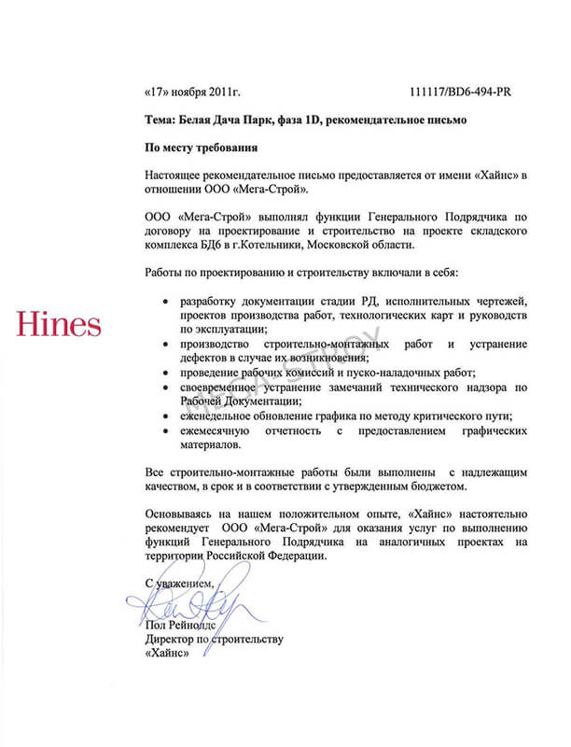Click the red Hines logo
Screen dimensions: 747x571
[59, 324]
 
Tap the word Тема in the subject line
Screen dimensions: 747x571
[160, 120]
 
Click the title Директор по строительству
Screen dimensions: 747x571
[214, 640]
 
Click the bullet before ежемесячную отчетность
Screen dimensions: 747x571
[165, 430]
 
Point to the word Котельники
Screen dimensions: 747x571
[296, 244]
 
